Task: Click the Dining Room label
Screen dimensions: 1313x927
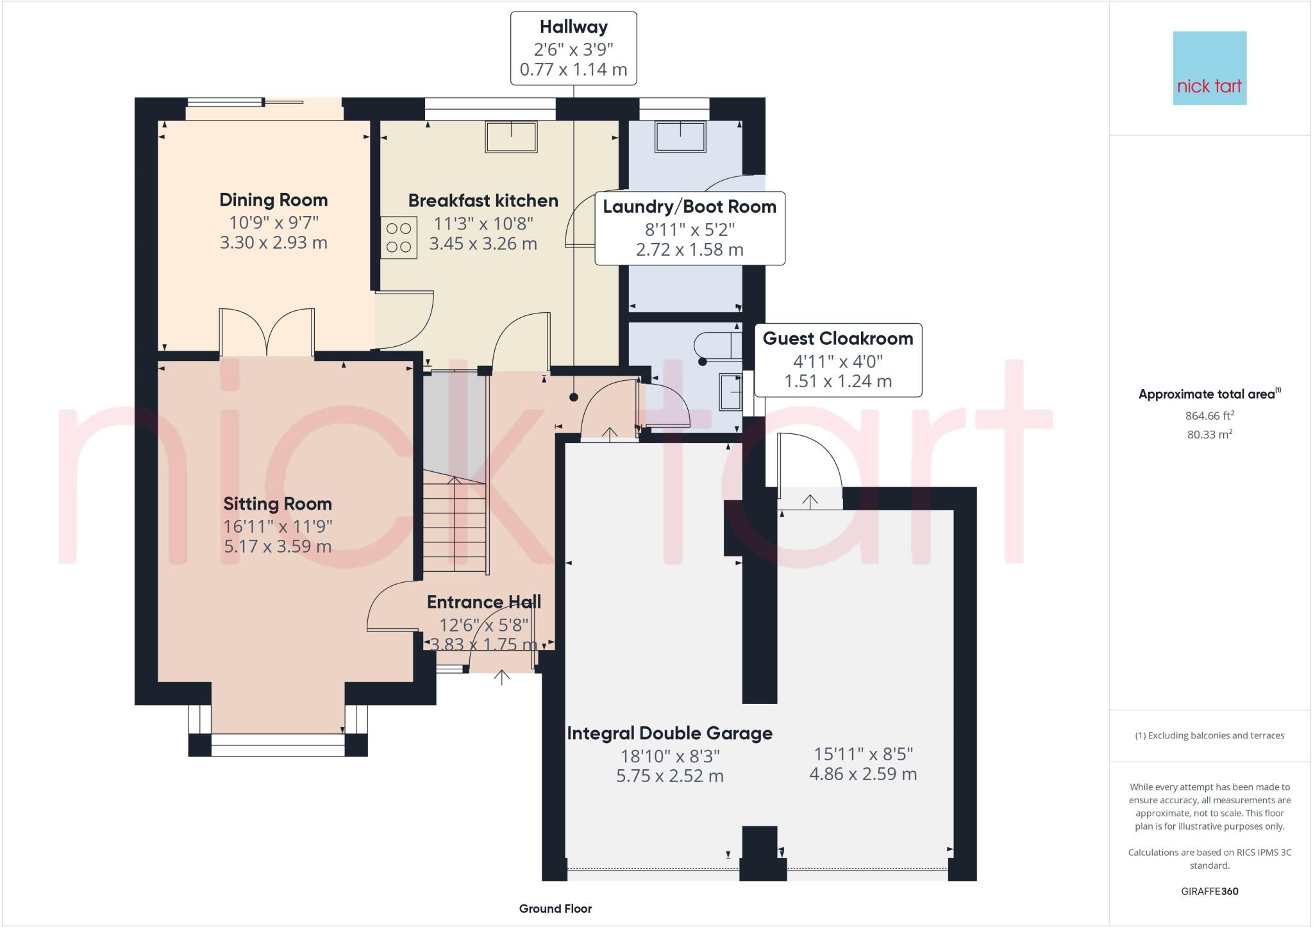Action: (x=274, y=200)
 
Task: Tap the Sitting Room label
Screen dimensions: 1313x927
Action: (x=278, y=504)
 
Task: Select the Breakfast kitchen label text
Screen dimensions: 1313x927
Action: (x=483, y=201)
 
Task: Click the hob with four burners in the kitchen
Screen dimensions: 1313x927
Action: (x=399, y=238)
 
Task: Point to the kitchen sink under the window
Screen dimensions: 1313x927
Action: (x=511, y=137)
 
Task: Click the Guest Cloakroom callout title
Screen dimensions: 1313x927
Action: (x=838, y=338)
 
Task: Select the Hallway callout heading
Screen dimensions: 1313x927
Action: (x=574, y=27)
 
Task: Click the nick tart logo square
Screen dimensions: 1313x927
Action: (x=1210, y=68)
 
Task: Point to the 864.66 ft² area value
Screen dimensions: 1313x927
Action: (x=1210, y=415)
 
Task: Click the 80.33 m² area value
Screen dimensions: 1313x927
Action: (x=1210, y=434)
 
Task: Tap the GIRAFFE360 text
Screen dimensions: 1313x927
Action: (x=1210, y=891)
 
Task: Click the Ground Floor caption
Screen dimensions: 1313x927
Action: (x=555, y=908)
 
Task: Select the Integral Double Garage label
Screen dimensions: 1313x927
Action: (x=670, y=733)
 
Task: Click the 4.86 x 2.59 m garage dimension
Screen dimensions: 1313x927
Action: (x=863, y=774)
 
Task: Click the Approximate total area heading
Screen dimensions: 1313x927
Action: (x=1210, y=394)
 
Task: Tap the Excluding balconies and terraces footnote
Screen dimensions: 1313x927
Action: (x=1210, y=735)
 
